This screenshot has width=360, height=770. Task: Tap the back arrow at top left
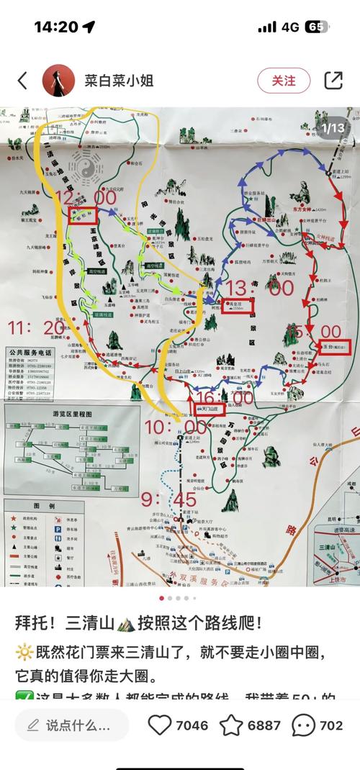(22, 81)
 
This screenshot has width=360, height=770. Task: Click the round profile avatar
(59, 81)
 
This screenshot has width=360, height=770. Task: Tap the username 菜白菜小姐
(120, 81)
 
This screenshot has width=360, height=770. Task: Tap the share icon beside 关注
(333, 81)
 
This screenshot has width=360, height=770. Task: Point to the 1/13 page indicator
(333, 128)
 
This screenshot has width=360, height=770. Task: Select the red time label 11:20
(35, 328)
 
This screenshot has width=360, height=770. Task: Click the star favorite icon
(231, 725)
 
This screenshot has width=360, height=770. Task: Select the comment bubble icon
(304, 725)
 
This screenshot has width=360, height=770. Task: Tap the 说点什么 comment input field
(72, 725)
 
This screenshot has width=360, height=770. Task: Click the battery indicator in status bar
(316, 27)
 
